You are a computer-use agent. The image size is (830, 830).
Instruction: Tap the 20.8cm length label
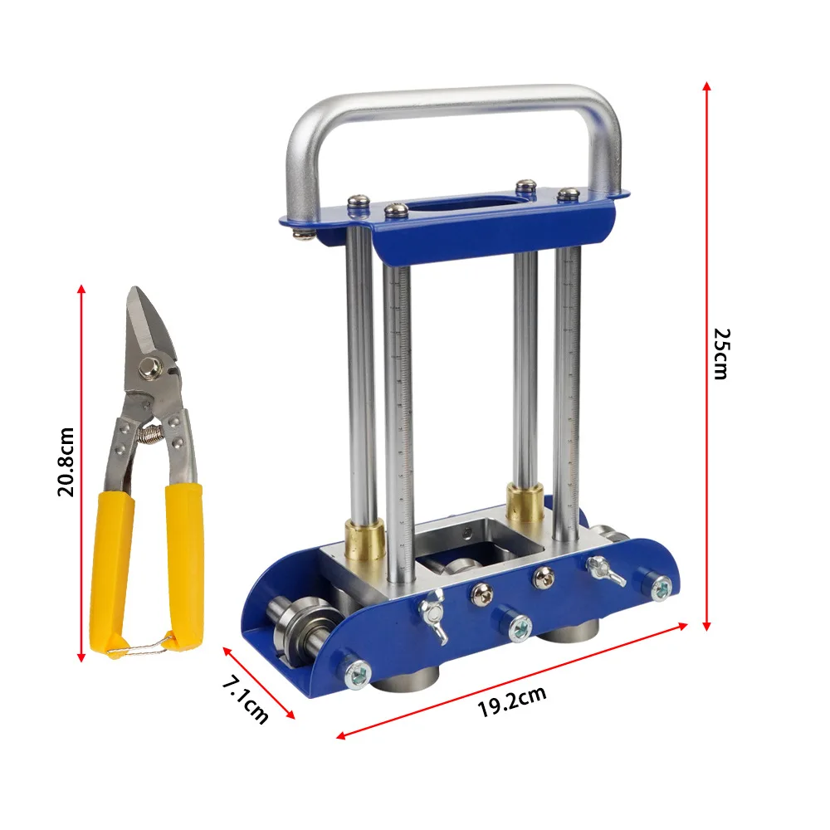(x=66, y=461)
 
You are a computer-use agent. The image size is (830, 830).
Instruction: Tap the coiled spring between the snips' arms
(x=150, y=432)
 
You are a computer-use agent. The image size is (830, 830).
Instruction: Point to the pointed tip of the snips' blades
(x=132, y=291)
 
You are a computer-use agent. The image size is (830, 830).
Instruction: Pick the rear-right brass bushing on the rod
(x=525, y=502)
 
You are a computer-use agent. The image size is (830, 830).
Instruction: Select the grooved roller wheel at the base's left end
(x=291, y=636)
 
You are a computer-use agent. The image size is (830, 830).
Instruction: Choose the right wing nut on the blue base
(x=604, y=569)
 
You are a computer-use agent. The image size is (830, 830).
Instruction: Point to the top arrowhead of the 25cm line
(x=706, y=85)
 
